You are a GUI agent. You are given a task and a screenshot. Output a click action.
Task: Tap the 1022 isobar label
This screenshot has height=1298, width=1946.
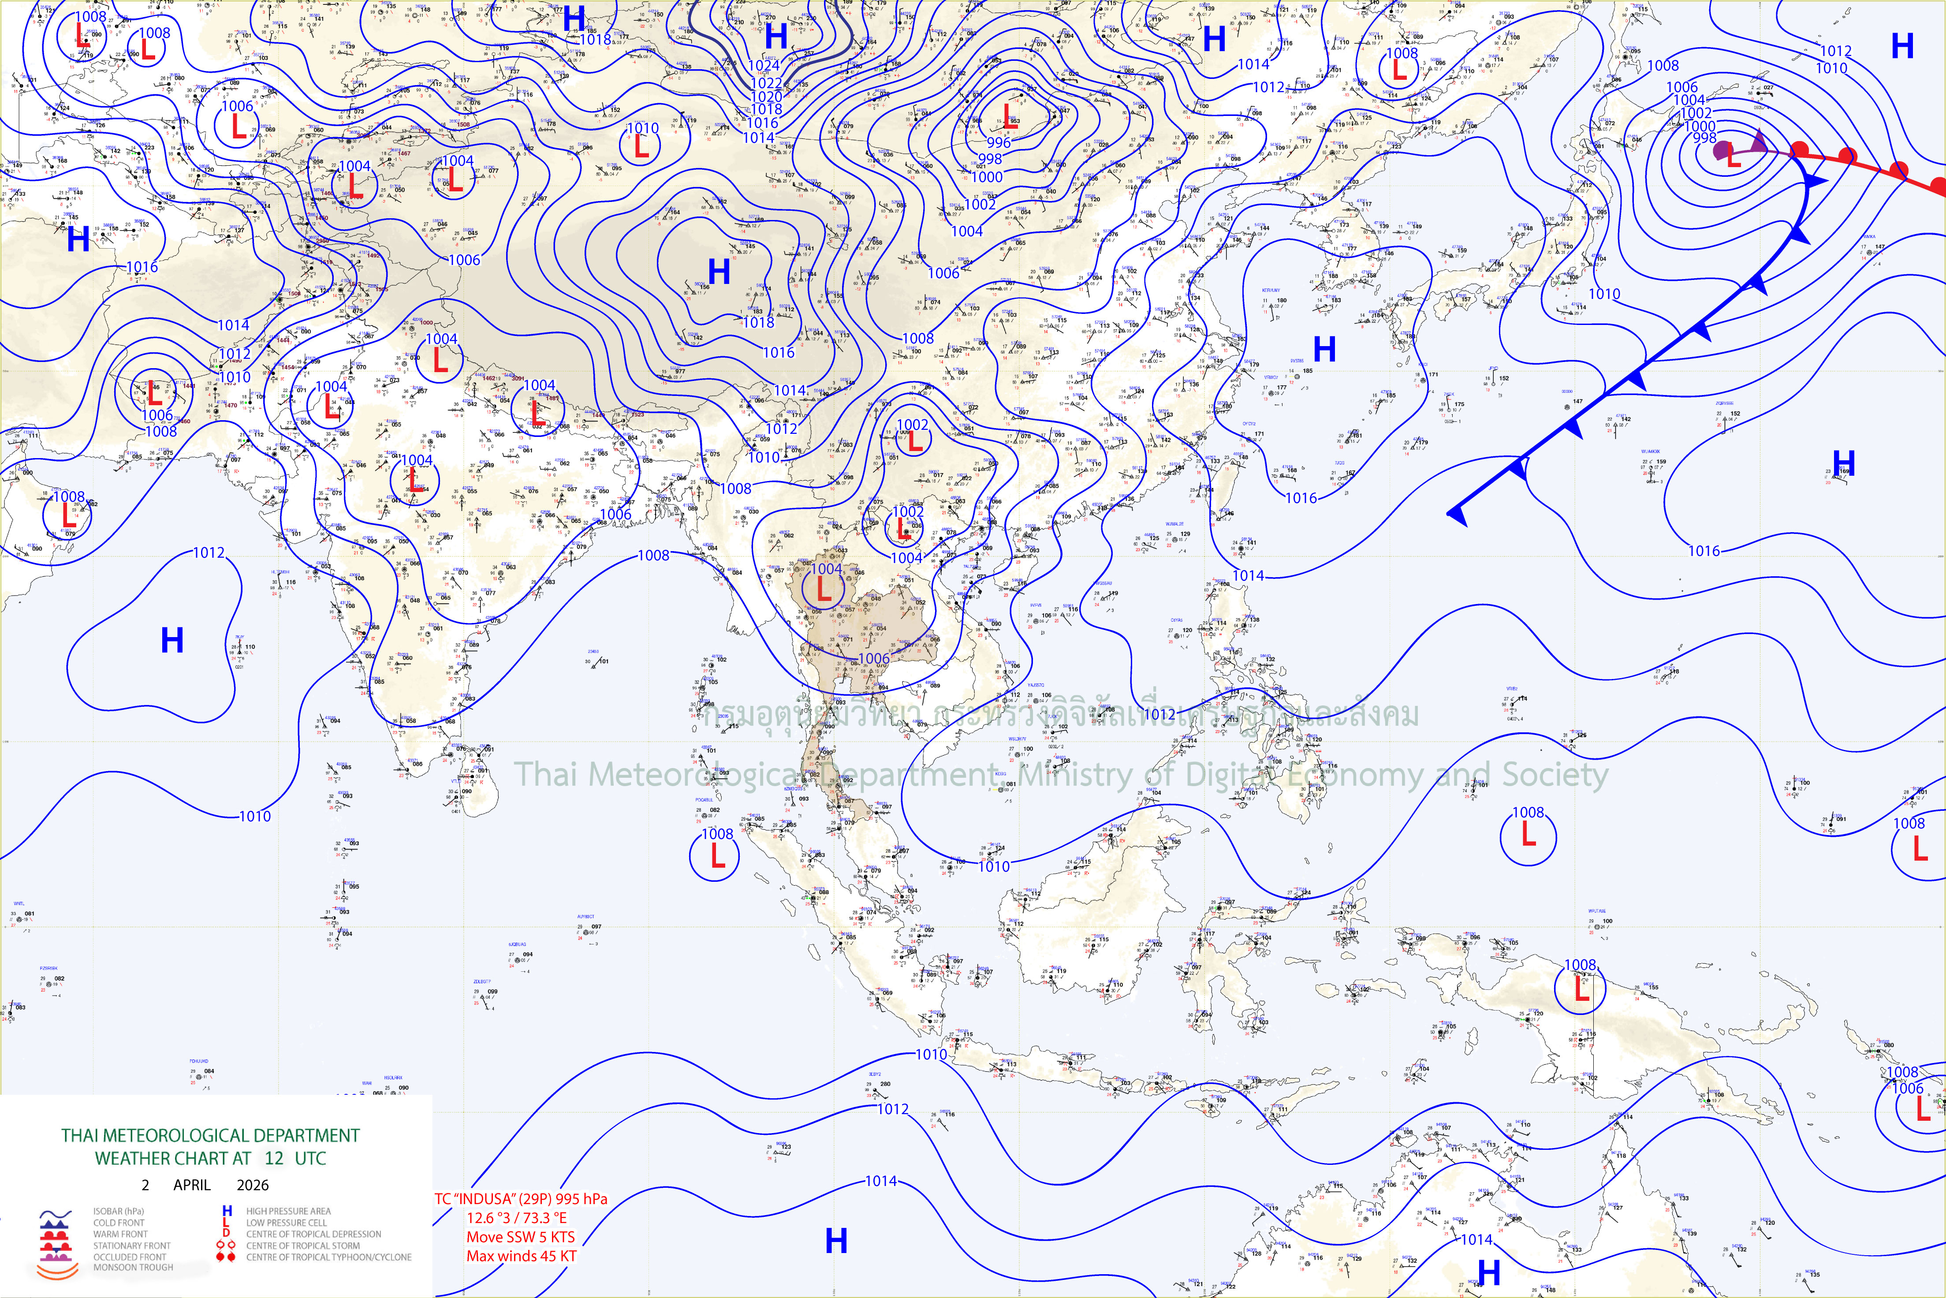[766, 83]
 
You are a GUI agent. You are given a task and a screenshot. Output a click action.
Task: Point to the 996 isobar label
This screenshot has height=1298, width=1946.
[998, 142]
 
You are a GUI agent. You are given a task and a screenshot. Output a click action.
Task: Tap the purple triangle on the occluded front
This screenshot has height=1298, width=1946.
[1759, 142]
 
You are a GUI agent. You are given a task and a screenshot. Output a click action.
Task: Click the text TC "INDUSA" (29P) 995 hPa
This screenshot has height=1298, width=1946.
[521, 1199]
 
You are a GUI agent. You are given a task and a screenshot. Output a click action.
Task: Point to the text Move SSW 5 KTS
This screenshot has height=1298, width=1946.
[520, 1237]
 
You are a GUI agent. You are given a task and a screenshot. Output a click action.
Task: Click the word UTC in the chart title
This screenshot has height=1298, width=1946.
[310, 1158]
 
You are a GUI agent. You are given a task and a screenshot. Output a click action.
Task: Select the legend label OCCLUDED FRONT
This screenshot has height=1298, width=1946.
[129, 1257]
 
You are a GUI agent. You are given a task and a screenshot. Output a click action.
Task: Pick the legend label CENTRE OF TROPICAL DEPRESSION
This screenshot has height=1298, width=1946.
[313, 1234]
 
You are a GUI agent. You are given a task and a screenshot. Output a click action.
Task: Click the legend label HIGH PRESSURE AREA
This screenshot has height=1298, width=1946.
[288, 1211]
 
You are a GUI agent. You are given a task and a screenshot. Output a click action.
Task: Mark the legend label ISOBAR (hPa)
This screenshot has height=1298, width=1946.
[118, 1211]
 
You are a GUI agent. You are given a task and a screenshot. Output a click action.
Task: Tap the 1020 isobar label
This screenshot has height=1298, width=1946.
[766, 97]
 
